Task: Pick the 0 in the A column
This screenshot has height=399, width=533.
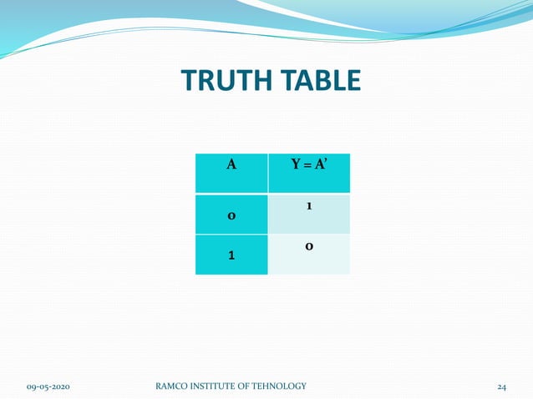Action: click(x=231, y=216)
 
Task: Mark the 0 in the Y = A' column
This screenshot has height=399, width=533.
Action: click(x=309, y=247)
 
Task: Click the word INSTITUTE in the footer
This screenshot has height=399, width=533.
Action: click(x=220, y=386)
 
